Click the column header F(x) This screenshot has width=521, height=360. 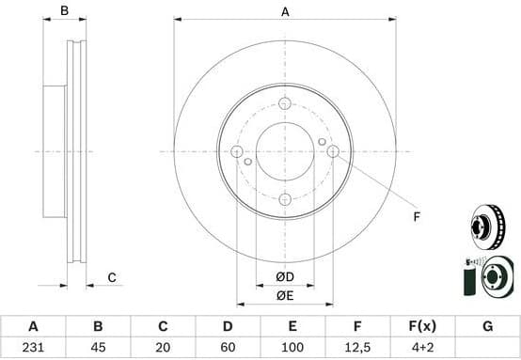(x=422, y=327)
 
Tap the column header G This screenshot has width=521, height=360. (x=487, y=327)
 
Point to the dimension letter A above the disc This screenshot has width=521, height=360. (x=284, y=12)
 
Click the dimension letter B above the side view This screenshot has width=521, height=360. (x=64, y=11)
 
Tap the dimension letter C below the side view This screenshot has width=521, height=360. (x=111, y=276)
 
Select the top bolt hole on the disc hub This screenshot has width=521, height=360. (x=284, y=105)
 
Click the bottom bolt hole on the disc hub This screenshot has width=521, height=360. (x=284, y=198)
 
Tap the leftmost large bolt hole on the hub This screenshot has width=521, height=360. (x=237, y=152)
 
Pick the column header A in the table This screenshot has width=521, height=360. (x=33, y=327)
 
